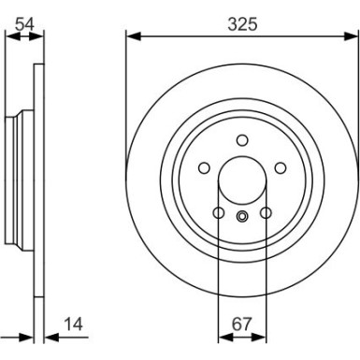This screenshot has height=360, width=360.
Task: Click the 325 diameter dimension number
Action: click(242, 24)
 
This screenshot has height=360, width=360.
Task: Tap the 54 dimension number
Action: click(24, 23)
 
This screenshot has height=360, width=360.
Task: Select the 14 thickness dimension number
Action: click(74, 324)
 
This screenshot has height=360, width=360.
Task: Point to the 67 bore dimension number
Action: click(242, 324)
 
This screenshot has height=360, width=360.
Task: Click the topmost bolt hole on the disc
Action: click(242, 140)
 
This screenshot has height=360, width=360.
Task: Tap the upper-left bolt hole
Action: click(204, 168)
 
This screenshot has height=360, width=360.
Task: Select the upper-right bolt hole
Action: click(281, 168)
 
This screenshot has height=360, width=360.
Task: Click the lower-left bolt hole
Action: click(219, 213)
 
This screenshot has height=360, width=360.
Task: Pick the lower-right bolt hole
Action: click(266, 213)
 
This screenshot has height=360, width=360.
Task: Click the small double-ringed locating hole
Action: click(242, 216)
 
